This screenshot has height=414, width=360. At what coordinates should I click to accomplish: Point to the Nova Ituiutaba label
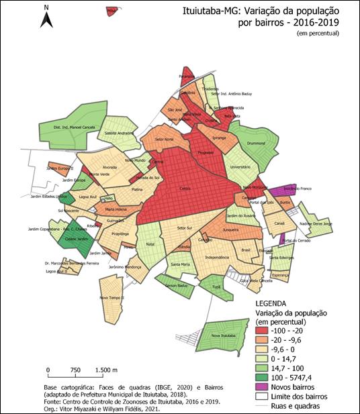click(223, 335)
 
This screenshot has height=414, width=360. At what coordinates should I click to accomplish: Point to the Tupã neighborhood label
click(216, 286)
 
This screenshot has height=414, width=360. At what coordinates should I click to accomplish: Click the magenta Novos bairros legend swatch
click(267, 387)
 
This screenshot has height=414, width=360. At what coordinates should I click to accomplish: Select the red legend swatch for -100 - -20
click(267, 330)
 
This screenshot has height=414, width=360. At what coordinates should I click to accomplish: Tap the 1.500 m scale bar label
click(106, 370)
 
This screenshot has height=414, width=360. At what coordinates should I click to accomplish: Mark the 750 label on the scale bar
click(76, 370)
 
